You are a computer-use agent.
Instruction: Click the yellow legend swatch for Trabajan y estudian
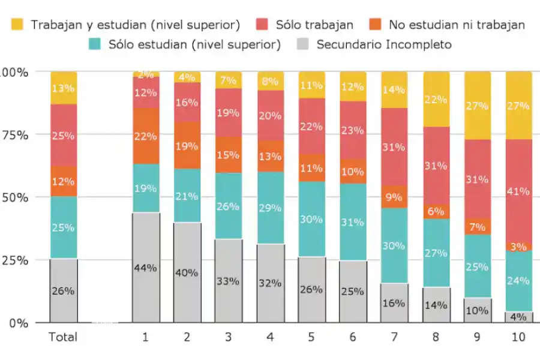coord(18,25)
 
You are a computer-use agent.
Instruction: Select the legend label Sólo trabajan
coord(314,25)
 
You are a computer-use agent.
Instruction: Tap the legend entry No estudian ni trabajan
coord(456,25)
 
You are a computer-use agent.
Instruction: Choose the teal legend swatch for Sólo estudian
coord(94,44)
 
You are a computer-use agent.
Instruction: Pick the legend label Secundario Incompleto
coord(384,44)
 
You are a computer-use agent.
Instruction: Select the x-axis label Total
coord(63,337)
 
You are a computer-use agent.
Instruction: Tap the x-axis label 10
coord(518,337)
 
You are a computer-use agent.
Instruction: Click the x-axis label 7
coord(394,337)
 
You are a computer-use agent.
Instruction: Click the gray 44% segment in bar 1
coord(146,268)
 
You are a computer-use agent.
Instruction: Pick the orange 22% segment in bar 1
coord(146,136)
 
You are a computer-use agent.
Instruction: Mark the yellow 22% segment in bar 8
coord(435,99)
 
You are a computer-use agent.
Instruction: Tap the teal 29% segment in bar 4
coord(270,208)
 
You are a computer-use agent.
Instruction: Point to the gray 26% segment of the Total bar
coord(63,290)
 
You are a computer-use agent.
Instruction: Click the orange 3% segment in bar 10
coord(518,246)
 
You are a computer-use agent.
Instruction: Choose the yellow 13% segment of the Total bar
coord(63,88)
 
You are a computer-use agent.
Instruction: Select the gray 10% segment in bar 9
coord(476,310)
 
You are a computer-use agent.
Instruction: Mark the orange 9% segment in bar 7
coord(394,196)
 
